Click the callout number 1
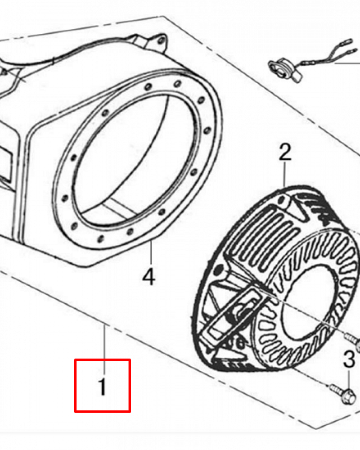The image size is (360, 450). pos(103,387)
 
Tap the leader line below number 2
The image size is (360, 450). pos(284,175)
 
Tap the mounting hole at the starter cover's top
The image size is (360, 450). pos(282,199)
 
